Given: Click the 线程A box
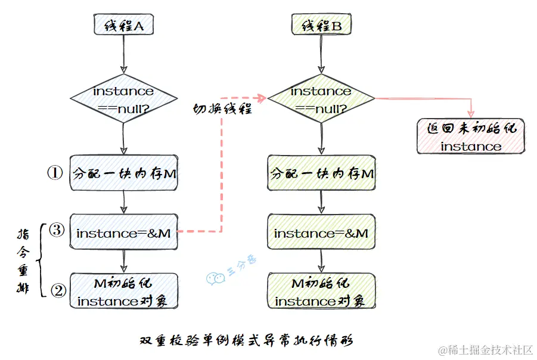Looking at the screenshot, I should (x=123, y=26).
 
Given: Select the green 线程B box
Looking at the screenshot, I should (x=321, y=26).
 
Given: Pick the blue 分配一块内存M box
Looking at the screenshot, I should (x=123, y=173).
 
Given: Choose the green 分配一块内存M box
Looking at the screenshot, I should (x=321, y=173).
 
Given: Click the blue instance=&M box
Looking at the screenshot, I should (x=123, y=233).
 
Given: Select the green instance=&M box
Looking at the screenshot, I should (x=321, y=233).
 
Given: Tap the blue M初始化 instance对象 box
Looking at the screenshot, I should (x=123, y=291).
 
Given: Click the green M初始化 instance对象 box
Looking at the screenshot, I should (x=321, y=291).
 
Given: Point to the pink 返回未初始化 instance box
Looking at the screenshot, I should (x=471, y=136).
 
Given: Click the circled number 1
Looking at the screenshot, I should (x=55, y=173).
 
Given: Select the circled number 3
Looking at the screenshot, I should (x=56, y=231).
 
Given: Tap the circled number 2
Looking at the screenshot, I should (x=58, y=290).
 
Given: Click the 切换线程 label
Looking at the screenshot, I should (x=222, y=109).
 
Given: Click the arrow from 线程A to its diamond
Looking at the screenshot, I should (x=123, y=54).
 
